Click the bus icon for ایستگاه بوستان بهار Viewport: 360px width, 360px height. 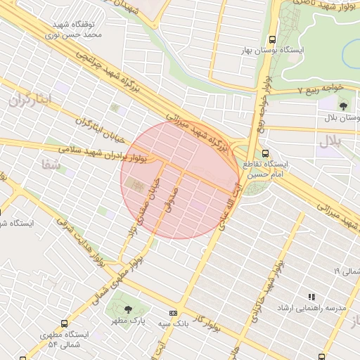click(273, 40)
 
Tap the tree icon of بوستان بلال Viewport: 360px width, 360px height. click(343, 106)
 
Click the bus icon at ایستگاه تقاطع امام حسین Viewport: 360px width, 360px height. click(265, 153)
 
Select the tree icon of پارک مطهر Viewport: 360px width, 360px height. click(127, 309)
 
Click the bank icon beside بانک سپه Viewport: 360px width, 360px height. click(173, 313)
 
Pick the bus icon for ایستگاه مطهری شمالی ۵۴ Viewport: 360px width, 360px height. click(65, 324)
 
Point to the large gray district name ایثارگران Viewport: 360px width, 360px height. click(31, 99)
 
